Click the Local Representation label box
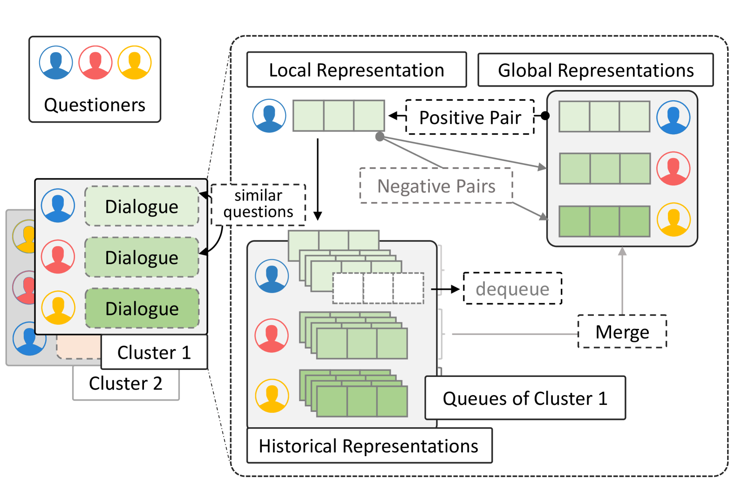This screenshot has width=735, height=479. tap(356, 70)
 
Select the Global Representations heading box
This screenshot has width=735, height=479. tap(595, 70)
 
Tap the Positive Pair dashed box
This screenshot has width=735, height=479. tap(470, 117)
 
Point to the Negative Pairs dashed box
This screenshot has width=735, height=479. tap(436, 186)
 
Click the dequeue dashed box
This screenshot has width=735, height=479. tap(512, 289)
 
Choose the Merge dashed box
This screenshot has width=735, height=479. tap(622, 332)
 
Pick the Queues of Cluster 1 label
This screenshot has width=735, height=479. tap(525, 398)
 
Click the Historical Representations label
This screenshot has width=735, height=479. tap(369, 446)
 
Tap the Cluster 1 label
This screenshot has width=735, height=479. tap(154, 353)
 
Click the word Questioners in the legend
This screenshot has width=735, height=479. tap(95, 105)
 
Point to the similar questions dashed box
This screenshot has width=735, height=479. tap(259, 204)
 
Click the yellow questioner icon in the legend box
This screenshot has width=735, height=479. tap(135, 62)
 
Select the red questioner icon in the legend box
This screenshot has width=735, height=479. tap(95, 62)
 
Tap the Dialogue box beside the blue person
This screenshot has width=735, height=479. tap(142, 206)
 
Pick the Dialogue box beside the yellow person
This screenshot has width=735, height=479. tap(142, 308)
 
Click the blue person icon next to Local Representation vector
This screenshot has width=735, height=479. tap(269, 116)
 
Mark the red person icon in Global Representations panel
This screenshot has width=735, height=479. tap(673, 168)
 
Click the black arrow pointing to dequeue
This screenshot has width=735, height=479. tap(446, 289)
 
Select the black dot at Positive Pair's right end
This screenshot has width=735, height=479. tap(545, 116)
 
